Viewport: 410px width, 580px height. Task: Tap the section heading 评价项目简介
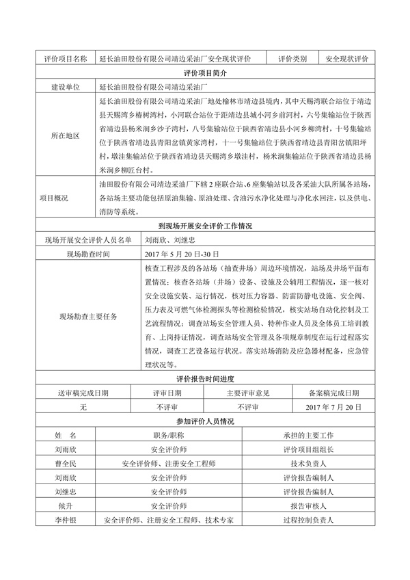(205, 73)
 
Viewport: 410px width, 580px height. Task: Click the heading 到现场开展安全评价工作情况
(205, 226)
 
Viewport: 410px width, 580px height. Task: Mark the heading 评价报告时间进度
(205, 380)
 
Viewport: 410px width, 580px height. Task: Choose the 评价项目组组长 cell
(308, 449)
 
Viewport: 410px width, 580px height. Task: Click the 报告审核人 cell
(308, 506)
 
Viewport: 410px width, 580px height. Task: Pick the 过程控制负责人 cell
(308, 520)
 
